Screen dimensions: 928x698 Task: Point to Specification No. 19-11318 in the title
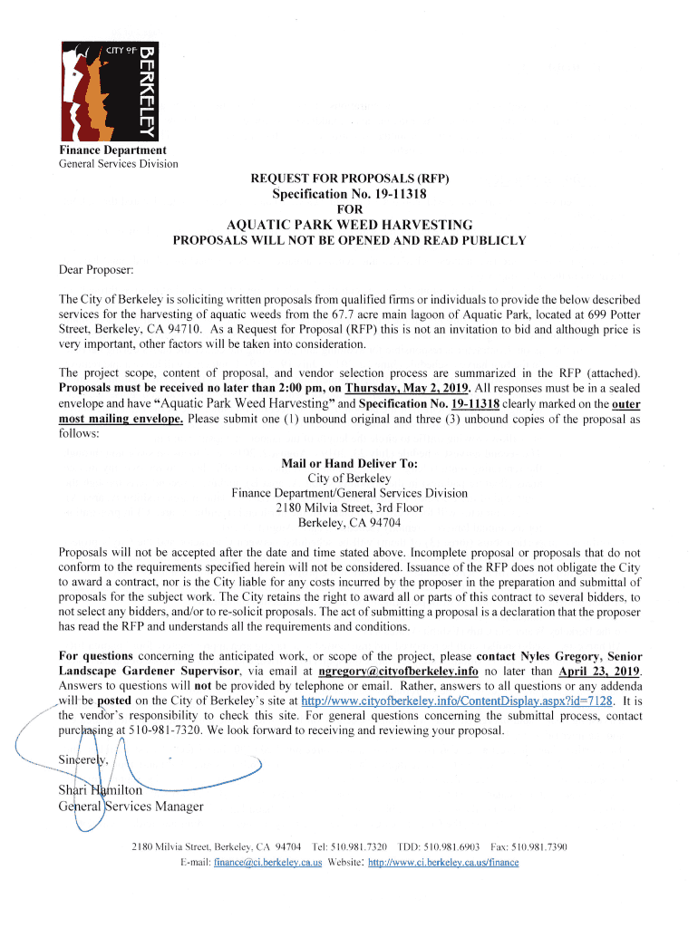(349, 194)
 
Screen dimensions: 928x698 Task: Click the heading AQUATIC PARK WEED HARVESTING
(349, 225)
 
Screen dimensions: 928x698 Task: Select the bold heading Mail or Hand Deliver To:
(349, 463)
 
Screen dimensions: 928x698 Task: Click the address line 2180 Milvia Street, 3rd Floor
(349, 507)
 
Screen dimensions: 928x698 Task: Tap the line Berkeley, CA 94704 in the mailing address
(349, 522)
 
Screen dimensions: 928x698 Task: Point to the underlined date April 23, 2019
(600, 671)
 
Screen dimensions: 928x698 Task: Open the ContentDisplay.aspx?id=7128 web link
(457, 701)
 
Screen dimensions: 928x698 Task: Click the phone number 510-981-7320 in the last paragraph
(155, 730)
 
